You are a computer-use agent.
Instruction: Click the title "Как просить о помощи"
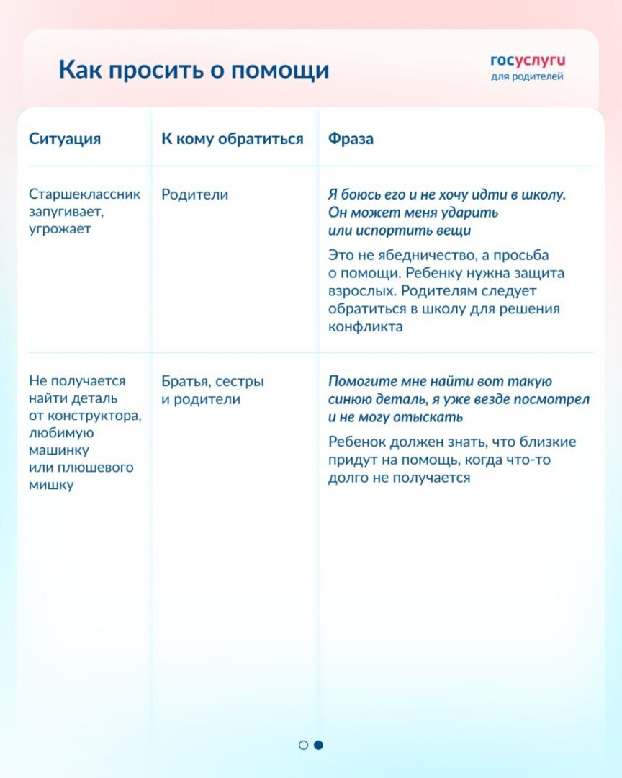coord(194,71)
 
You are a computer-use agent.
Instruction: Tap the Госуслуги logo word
coord(528,61)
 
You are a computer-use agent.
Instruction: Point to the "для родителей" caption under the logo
coord(527,76)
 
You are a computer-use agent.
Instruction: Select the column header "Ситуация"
coord(65,139)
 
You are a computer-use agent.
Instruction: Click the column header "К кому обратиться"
coord(233,139)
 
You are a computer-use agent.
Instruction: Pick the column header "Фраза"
coord(351,139)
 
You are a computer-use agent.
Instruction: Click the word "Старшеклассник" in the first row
coord(85,194)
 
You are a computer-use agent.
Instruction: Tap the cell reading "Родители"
coord(194,194)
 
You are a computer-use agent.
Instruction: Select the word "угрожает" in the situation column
coord(60,229)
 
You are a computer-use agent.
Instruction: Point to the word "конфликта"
coord(366,326)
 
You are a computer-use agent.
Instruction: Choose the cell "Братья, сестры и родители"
coord(212,390)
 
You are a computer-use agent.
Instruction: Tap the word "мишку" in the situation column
coord(51,485)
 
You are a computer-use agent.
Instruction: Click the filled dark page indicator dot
coord(319,745)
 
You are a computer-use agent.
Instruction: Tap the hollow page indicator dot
coord(303,745)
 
